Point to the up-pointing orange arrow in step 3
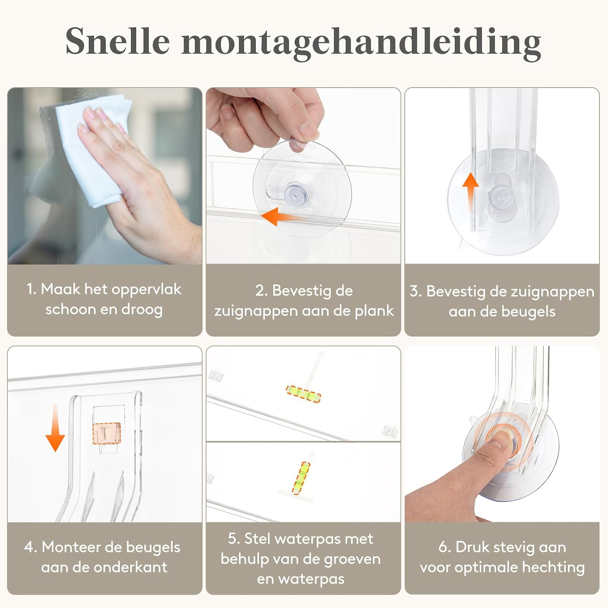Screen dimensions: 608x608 pos(471,191)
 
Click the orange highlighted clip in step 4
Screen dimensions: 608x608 pos(107,433)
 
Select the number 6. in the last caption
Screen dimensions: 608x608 pos(445,547)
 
